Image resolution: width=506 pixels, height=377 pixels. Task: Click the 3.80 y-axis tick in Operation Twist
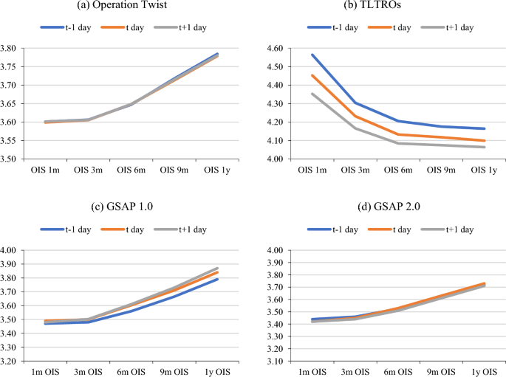click(x=14, y=49)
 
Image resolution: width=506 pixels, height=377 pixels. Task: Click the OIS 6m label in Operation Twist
click(x=131, y=170)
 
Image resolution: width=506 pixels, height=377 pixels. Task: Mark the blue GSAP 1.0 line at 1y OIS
click(x=217, y=279)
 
